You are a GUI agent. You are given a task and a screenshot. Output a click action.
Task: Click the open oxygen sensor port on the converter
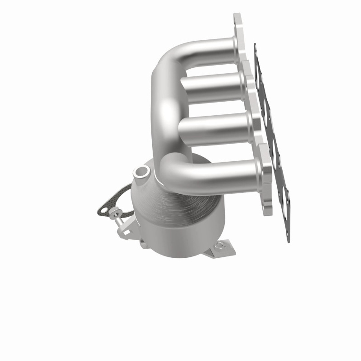[142, 171]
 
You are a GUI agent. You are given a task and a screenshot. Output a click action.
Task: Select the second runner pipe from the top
[212, 86]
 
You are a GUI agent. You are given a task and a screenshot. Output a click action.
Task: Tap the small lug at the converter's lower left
[142, 245]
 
